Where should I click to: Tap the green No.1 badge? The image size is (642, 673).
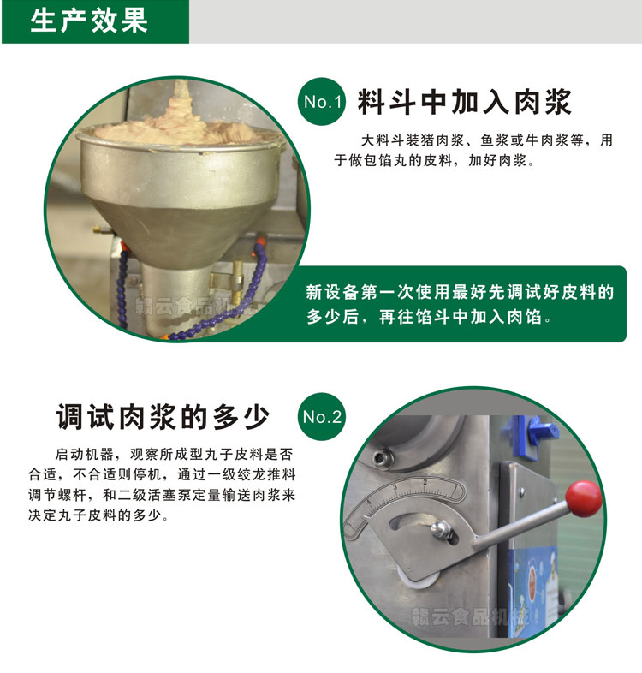click(x=323, y=103)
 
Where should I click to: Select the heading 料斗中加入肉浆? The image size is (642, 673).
click(x=465, y=102)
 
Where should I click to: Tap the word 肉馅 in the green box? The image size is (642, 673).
click(x=527, y=317)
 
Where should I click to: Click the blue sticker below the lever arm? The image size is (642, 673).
click(x=539, y=582)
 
